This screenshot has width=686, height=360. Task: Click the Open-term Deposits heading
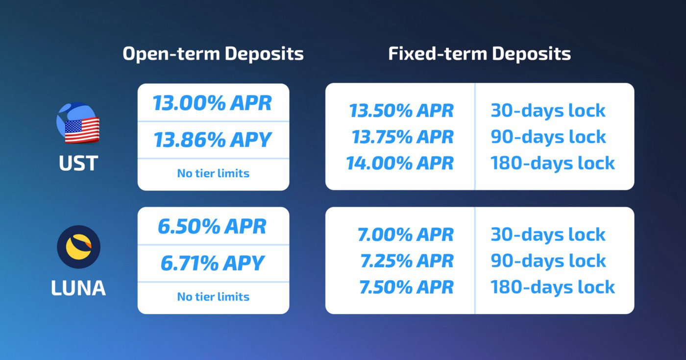point(213,54)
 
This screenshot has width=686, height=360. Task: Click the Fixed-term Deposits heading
point(480,54)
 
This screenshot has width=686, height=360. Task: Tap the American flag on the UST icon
point(82,130)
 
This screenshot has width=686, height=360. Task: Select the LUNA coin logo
point(79,247)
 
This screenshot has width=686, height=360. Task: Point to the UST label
point(78,163)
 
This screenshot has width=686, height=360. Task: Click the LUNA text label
point(78,288)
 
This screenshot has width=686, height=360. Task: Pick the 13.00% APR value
point(212,103)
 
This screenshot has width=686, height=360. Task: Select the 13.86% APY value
point(212,140)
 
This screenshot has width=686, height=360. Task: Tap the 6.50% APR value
point(212,226)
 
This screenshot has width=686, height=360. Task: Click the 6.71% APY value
point(212,264)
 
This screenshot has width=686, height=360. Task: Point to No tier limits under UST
point(213,173)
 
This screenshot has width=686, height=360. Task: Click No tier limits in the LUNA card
point(213,297)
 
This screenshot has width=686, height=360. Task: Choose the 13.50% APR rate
point(401,111)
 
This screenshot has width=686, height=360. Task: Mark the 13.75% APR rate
point(402,137)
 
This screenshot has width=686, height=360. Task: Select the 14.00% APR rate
point(400,163)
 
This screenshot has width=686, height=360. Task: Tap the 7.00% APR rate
point(406,235)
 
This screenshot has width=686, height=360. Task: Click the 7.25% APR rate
point(407,261)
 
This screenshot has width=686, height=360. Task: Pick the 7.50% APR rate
point(406,288)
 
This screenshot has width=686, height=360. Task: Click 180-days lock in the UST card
point(553,163)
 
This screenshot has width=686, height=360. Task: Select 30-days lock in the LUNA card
point(548,235)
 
